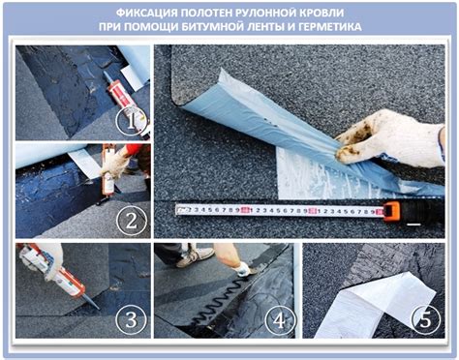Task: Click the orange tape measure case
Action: point(391,210)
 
